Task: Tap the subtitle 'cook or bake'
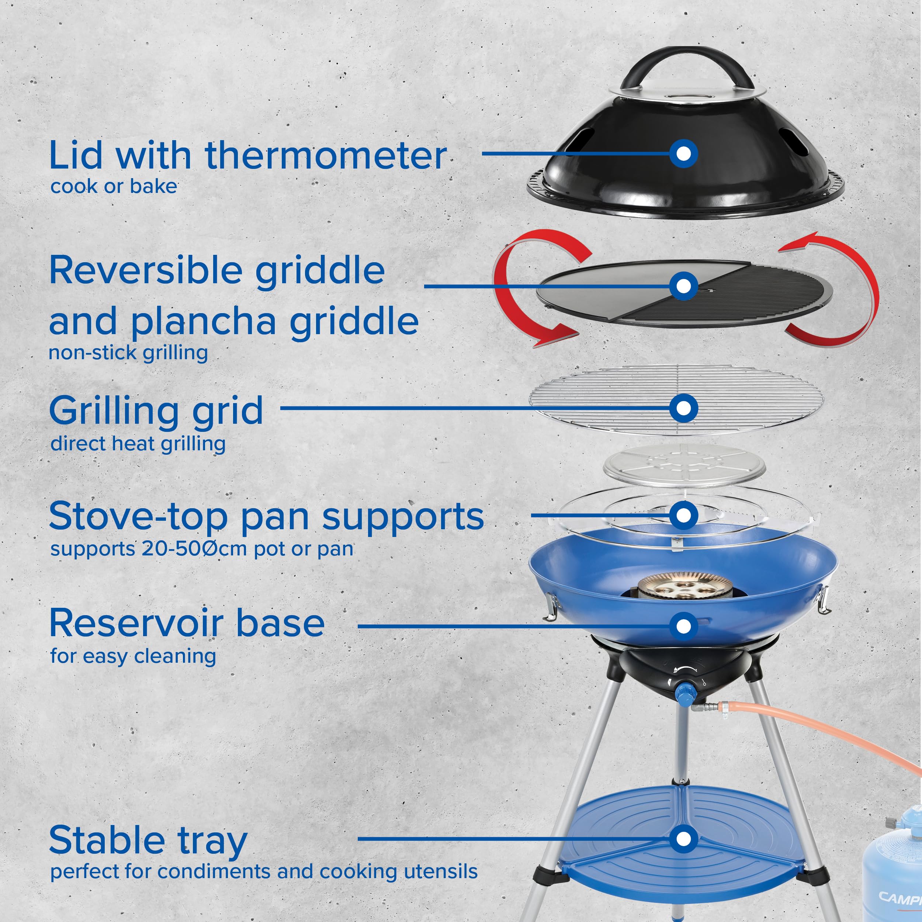coord(114,187)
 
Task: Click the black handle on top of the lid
coord(683,62)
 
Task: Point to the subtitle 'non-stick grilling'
coord(128,353)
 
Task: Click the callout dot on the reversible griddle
coord(683,286)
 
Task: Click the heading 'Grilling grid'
coord(156,410)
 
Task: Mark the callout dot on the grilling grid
coord(683,408)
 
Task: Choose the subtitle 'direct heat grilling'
coord(138,444)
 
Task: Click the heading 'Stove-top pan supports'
coord(266,516)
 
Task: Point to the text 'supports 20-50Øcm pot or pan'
coord(202,549)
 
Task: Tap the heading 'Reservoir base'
coord(187,623)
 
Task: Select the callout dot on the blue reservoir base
coord(683,626)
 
